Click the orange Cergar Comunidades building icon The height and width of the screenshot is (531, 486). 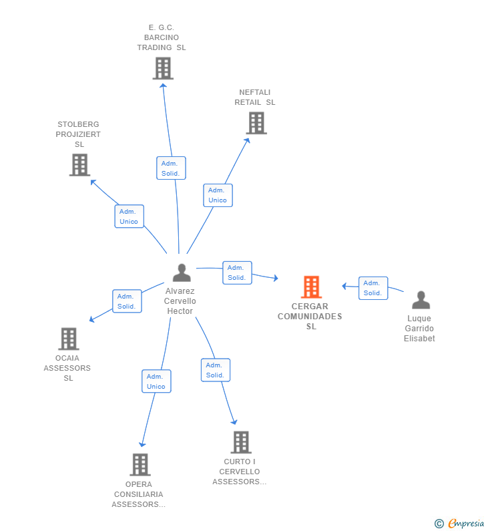coord(311,287)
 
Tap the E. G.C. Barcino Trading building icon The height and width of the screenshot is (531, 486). coord(163,68)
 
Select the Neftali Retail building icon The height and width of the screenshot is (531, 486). coord(256,123)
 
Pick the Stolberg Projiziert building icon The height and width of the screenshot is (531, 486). coord(79,164)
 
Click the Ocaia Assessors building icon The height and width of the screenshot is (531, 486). coord(69,339)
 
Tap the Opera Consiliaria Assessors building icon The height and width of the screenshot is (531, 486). coord(140,464)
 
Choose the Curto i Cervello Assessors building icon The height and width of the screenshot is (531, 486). coord(241,441)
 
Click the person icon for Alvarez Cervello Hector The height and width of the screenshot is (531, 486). coord(182,273)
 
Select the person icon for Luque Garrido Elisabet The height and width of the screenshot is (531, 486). coord(421,300)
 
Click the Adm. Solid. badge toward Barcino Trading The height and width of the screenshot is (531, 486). coord(171,168)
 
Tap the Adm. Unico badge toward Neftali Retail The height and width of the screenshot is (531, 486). coord(218,195)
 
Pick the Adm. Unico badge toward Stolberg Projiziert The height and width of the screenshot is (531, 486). coord(129,216)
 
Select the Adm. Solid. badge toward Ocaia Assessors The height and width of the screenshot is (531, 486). coord(126,301)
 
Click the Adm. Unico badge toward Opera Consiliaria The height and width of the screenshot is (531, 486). coord(156,381)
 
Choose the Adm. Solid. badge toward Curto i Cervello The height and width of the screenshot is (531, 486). coord(215,370)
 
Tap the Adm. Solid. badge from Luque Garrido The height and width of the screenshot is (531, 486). coord(373,288)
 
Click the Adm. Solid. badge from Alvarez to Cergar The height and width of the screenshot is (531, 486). coord(237,273)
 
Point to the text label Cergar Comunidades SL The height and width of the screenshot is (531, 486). coord(310,317)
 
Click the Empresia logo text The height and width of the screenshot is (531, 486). coord(465,524)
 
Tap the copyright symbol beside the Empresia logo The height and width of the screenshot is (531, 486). coord(439,524)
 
